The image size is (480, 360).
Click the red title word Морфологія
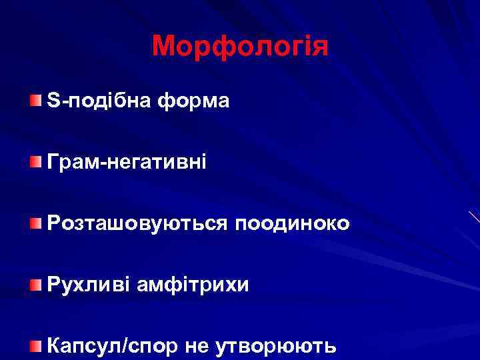240,47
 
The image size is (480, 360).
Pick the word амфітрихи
193,285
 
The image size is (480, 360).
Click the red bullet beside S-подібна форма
34,100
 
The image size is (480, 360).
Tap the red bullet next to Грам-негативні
34,161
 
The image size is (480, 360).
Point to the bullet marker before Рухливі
34,285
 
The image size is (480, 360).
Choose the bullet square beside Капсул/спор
34,345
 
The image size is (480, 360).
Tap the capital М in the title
164,47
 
